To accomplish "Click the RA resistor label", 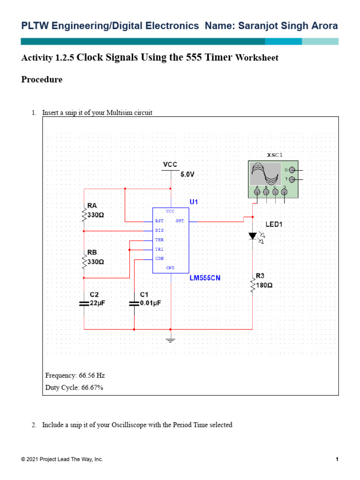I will click(92, 205).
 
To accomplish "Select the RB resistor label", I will click(92, 252).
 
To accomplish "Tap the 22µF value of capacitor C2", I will click(97, 303).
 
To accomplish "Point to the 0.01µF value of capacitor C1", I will click(150, 303).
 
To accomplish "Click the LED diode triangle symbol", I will click(253, 236).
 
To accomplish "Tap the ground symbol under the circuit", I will click(171, 340).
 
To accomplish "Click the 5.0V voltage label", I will click(187, 174).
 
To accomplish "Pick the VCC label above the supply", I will click(170, 165).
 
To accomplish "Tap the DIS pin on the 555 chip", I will click(159, 230).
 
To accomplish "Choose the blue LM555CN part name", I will click(205, 277).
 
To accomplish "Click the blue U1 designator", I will click(194, 202).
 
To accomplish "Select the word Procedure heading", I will click(42, 80).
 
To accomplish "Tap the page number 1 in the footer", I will click(337, 459).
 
